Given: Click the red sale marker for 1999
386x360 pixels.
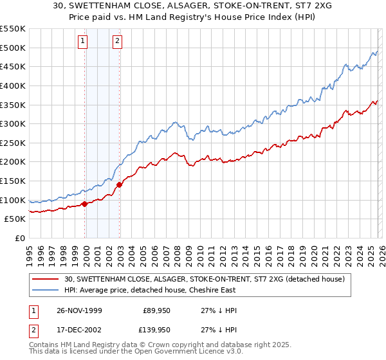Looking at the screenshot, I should [85, 204].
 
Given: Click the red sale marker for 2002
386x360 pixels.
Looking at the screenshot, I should [120, 184].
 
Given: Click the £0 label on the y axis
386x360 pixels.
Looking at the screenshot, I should [20, 239].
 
